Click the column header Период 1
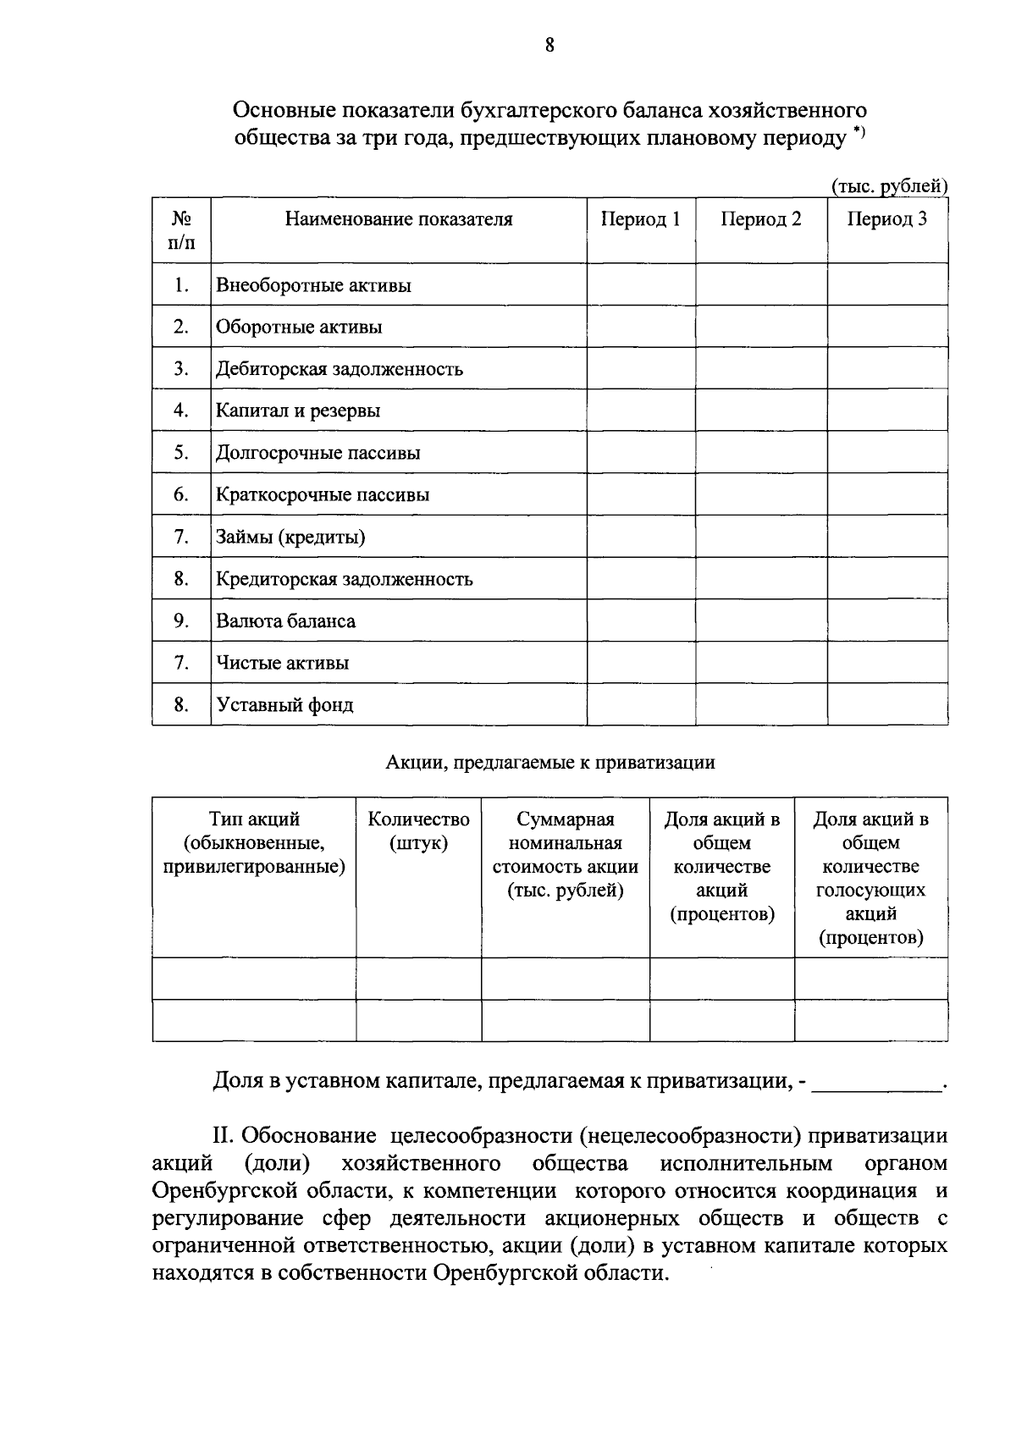[x=640, y=219]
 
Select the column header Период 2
[x=760, y=219]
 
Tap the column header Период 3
[x=886, y=219]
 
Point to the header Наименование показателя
[x=398, y=219]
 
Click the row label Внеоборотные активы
[x=313, y=285]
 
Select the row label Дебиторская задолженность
[x=340, y=369]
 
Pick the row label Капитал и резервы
[x=298, y=411]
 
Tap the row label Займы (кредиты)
[x=290, y=538]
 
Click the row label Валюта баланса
[x=285, y=621]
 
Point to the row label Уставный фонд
[x=284, y=705]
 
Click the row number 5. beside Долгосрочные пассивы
[x=181, y=453]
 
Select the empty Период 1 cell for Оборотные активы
[x=640, y=327]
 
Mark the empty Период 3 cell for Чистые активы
[x=886, y=663]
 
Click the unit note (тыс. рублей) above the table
[x=889, y=186]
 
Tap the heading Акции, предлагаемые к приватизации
[x=550, y=763]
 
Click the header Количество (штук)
[x=418, y=831]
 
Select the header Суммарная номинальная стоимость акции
[x=565, y=855]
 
